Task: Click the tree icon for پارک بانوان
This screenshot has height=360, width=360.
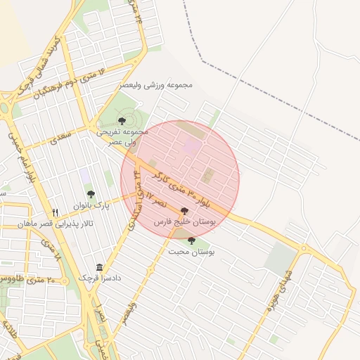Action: pyautogui.click(x=91, y=194)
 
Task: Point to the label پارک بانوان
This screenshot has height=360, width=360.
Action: pyautogui.click(x=89, y=207)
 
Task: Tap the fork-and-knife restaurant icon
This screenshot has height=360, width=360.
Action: pyautogui.click(x=56, y=212)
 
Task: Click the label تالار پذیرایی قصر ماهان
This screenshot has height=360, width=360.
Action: pyautogui.click(x=56, y=224)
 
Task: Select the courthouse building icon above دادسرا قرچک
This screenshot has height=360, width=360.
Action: pyautogui.click(x=99, y=267)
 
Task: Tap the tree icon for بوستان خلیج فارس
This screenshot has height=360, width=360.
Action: pyautogui.click(x=185, y=211)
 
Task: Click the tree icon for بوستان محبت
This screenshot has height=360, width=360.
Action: pyautogui.click(x=191, y=240)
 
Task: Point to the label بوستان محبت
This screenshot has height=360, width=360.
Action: pyautogui.click(x=191, y=251)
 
